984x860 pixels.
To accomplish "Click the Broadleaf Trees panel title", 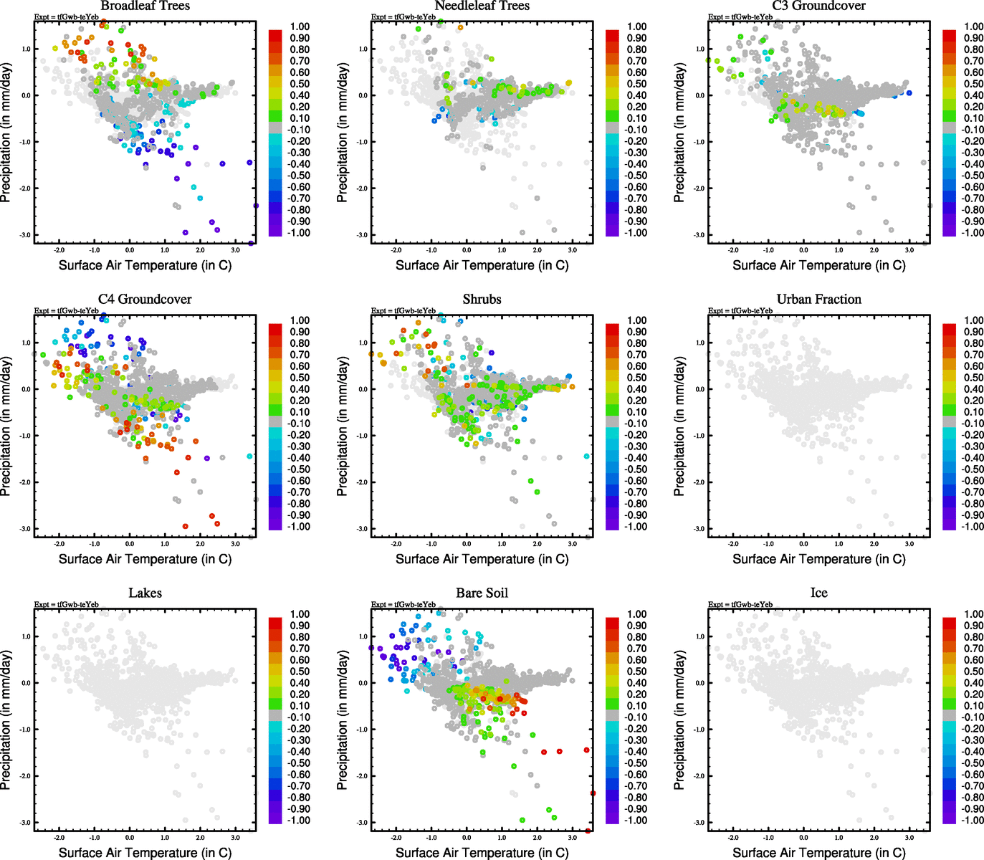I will pyautogui.click(x=145, y=6).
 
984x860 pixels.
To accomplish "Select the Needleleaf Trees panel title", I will pyautogui.click(x=482, y=6).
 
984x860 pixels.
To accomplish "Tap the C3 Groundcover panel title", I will pyautogui.click(x=818, y=6).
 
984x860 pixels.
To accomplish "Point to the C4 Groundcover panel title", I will pyautogui.click(x=145, y=300).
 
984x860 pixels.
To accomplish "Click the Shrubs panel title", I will pyautogui.click(x=482, y=300).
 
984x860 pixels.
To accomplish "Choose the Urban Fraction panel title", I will pyautogui.click(x=818, y=300).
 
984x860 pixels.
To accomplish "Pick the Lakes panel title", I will pyautogui.click(x=145, y=593).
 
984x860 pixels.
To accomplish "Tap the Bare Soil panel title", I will pyautogui.click(x=482, y=593).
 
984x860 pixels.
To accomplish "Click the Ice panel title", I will pyautogui.click(x=818, y=593).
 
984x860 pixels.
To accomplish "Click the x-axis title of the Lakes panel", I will pyautogui.click(x=145, y=853).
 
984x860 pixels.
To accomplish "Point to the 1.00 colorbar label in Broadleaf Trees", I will pyautogui.click(x=300, y=27).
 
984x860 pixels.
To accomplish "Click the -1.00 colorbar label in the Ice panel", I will pyautogui.click(x=972, y=821).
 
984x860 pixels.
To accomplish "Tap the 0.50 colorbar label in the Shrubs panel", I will pyautogui.click(x=636, y=378).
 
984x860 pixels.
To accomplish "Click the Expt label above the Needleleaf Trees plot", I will pyautogui.click(x=403, y=17).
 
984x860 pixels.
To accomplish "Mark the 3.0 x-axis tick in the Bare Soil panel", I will pyautogui.click(x=572, y=837).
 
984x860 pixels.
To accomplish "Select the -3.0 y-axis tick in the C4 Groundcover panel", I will pyautogui.click(x=25, y=529).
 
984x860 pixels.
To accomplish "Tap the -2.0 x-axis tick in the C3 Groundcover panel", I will pyautogui.click(x=733, y=250).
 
